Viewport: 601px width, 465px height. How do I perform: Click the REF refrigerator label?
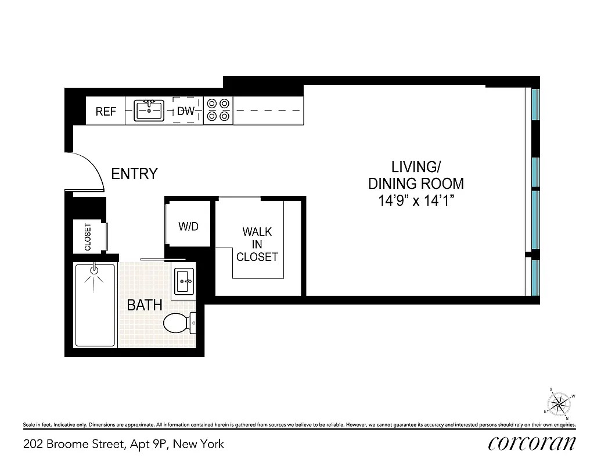(106, 112)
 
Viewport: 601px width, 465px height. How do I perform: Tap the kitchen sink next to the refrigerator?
(149, 110)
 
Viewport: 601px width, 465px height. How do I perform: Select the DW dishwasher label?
(185, 111)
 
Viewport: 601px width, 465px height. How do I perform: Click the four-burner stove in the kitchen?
(218, 110)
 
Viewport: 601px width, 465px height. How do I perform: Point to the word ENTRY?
(134, 174)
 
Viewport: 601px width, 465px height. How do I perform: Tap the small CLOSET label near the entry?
(88, 237)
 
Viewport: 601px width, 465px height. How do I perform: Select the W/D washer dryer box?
(188, 227)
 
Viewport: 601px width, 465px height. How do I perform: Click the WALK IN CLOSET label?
(257, 244)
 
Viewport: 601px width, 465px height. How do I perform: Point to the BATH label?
(144, 305)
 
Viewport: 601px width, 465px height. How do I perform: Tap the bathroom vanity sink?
(184, 282)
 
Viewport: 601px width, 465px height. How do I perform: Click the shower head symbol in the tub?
(95, 269)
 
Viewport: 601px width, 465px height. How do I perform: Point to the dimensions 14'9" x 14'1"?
(416, 202)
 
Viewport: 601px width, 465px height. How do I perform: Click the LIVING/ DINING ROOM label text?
(416, 175)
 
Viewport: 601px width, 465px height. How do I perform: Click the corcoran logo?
(532, 443)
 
